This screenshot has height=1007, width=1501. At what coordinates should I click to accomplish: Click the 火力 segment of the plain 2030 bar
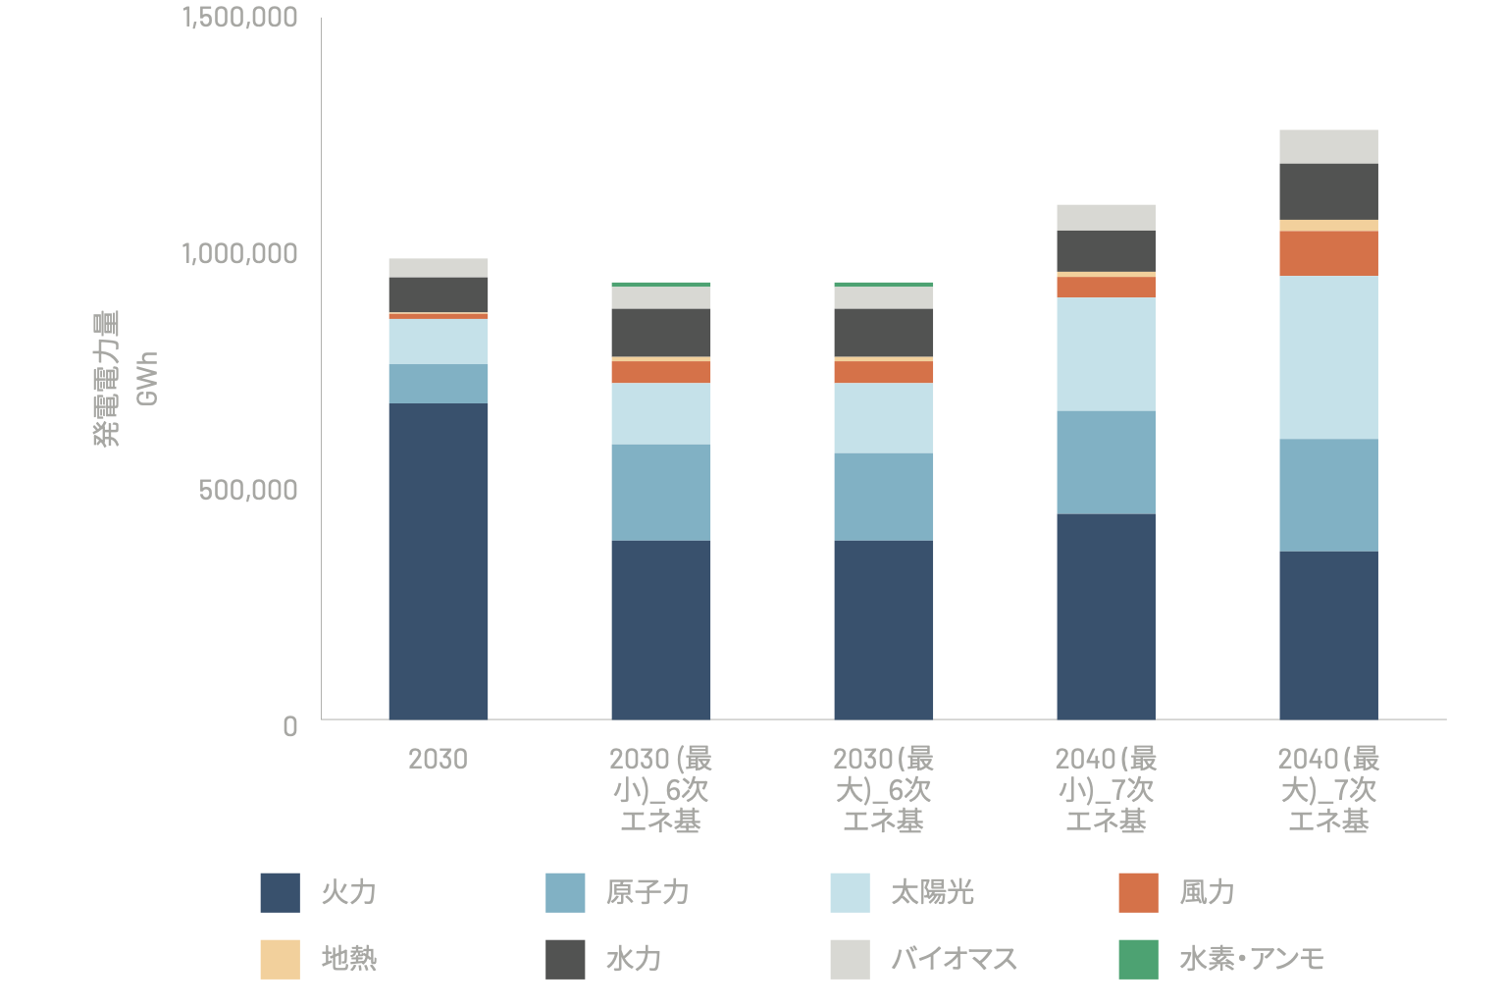[x=438, y=560]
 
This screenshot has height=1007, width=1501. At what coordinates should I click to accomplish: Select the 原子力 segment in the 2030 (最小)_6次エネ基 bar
[x=660, y=492]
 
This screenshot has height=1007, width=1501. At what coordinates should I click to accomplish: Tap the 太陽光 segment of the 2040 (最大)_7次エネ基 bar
[x=1328, y=357]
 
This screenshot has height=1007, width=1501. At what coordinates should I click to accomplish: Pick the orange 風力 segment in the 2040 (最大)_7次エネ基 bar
[x=1328, y=253]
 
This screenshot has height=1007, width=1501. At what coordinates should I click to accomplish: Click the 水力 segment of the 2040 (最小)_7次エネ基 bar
[x=1106, y=250]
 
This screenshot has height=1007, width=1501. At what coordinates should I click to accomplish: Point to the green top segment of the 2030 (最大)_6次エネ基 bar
[x=883, y=285]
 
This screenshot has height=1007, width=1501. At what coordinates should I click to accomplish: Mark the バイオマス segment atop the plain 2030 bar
[x=438, y=268]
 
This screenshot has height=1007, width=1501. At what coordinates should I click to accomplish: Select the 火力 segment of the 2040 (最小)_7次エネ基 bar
[x=1106, y=616]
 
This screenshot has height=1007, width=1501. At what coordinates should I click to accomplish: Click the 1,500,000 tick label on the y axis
[x=239, y=18]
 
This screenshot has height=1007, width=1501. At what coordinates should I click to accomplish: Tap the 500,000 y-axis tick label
[x=247, y=490]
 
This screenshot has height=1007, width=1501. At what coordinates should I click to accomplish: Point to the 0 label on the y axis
[x=289, y=726]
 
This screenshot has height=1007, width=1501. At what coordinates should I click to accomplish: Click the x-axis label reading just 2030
[x=438, y=759]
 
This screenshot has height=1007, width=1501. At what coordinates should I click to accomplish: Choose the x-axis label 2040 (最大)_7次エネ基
[x=1328, y=789]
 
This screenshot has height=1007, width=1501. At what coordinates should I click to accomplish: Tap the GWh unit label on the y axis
[x=147, y=378]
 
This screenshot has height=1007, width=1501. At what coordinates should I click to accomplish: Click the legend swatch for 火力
[x=280, y=892]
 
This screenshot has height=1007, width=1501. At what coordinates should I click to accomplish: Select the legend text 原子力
[x=647, y=892]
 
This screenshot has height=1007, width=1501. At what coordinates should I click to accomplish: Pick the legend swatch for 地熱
[x=280, y=959]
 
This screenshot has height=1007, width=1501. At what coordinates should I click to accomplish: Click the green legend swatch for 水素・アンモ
[x=1138, y=959]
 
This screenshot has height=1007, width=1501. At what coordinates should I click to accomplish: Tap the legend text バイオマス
[x=954, y=959]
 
